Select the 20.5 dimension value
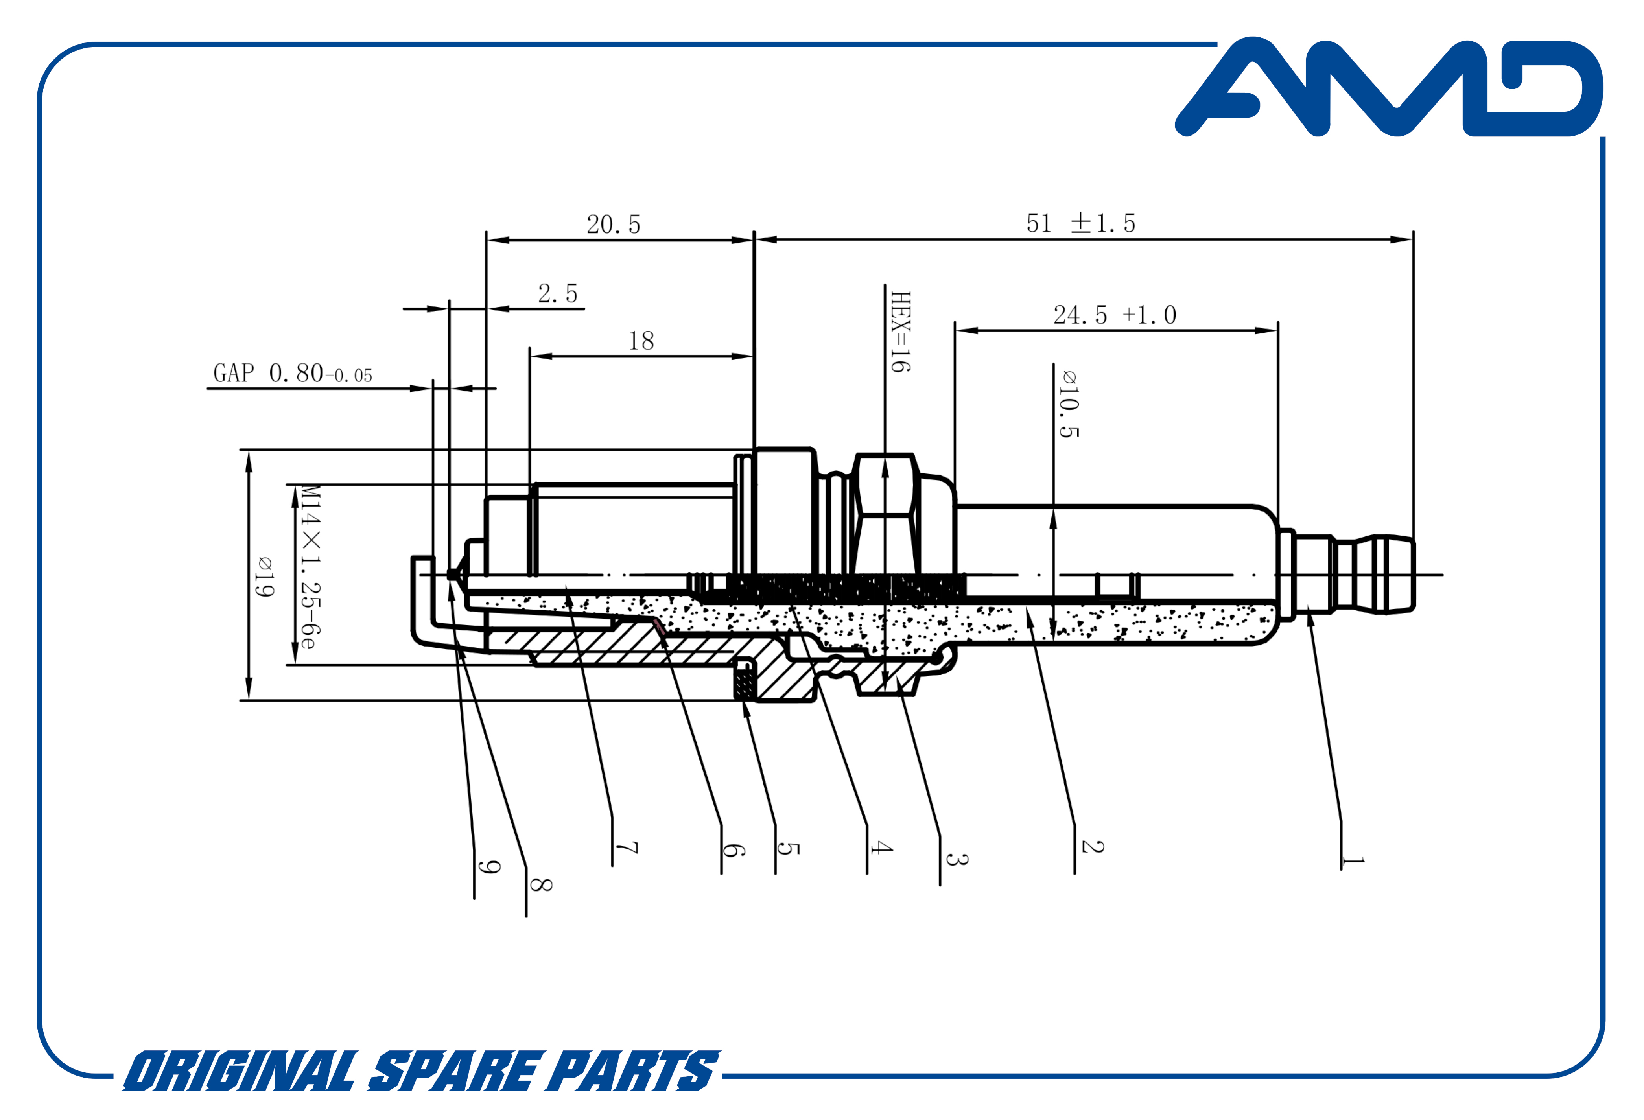click(x=613, y=224)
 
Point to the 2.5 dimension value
click(x=557, y=293)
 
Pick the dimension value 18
click(x=641, y=341)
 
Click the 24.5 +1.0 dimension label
click(x=1114, y=315)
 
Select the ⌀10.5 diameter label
click(x=1068, y=403)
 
